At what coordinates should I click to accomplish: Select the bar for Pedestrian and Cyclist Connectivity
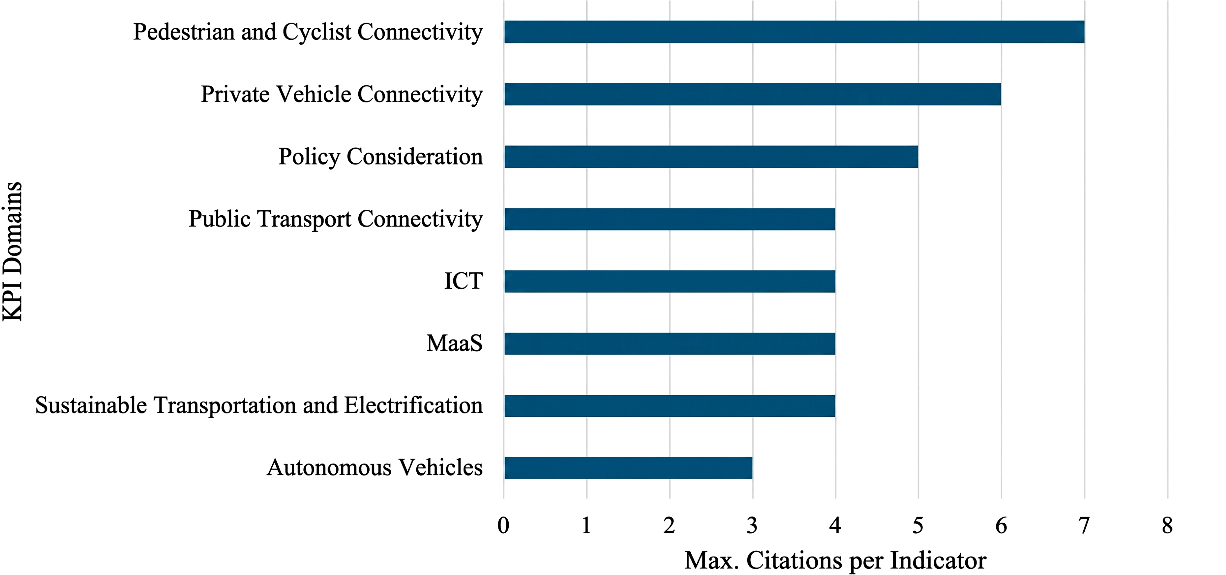tap(794, 32)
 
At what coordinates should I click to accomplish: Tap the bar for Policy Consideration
tap(711, 157)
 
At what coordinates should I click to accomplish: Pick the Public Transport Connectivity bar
tap(670, 219)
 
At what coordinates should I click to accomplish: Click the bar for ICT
tap(670, 281)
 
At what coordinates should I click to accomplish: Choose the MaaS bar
tap(670, 344)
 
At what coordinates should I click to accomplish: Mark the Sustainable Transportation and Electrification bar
tap(670, 406)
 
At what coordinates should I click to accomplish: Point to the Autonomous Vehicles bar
tap(628, 468)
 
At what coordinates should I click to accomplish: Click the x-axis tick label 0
tap(503, 526)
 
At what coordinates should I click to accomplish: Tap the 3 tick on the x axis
tap(752, 526)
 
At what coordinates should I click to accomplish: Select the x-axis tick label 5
tap(918, 526)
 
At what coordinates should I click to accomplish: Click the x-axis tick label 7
tap(1084, 526)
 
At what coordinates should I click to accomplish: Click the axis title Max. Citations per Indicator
tap(835, 561)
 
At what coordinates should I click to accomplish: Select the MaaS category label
tap(455, 343)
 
